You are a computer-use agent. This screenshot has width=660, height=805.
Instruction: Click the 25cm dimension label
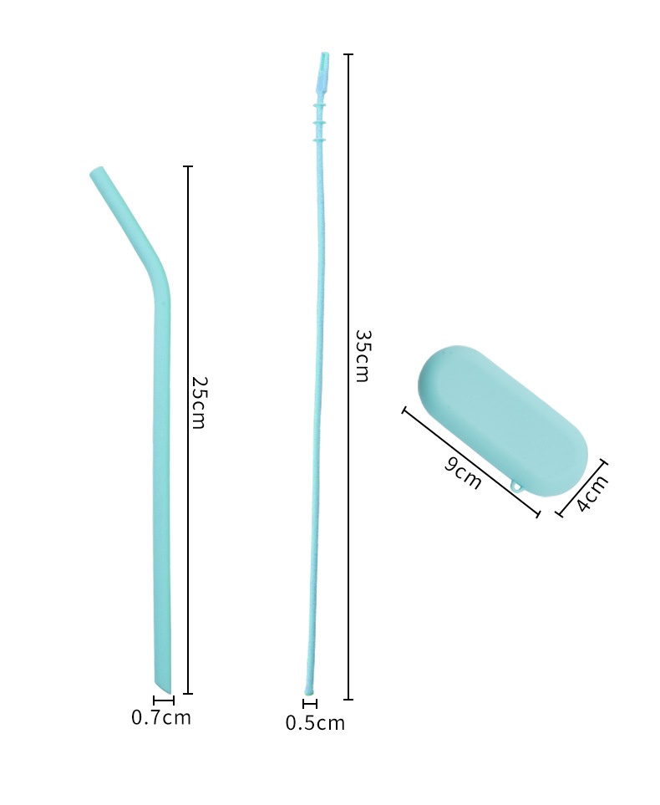click(198, 403)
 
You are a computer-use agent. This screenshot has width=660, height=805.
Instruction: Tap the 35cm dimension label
click(363, 356)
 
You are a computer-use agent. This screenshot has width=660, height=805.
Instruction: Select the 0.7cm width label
click(161, 717)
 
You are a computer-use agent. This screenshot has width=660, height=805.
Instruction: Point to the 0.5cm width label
click(315, 723)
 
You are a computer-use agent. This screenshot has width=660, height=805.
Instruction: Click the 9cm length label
click(463, 472)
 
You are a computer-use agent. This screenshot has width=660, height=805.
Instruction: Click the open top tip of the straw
click(96, 171)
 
